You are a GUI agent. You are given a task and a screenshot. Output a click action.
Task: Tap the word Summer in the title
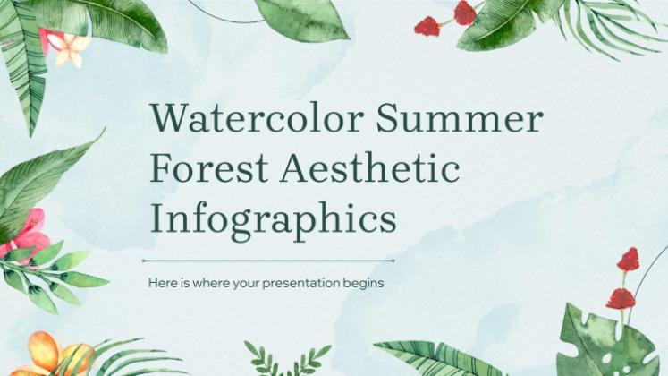(x=460, y=117)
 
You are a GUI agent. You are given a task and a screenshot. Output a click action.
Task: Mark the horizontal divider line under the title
(x=268, y=261)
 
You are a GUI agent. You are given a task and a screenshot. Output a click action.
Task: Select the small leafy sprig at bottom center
(x=286, y=358)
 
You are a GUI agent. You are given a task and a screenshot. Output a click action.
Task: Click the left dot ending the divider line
(x=144, y=261)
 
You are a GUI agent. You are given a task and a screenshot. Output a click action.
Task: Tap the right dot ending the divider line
(x=393, y=261)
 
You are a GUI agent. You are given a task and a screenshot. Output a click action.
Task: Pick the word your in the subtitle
(x=246, y=284)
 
